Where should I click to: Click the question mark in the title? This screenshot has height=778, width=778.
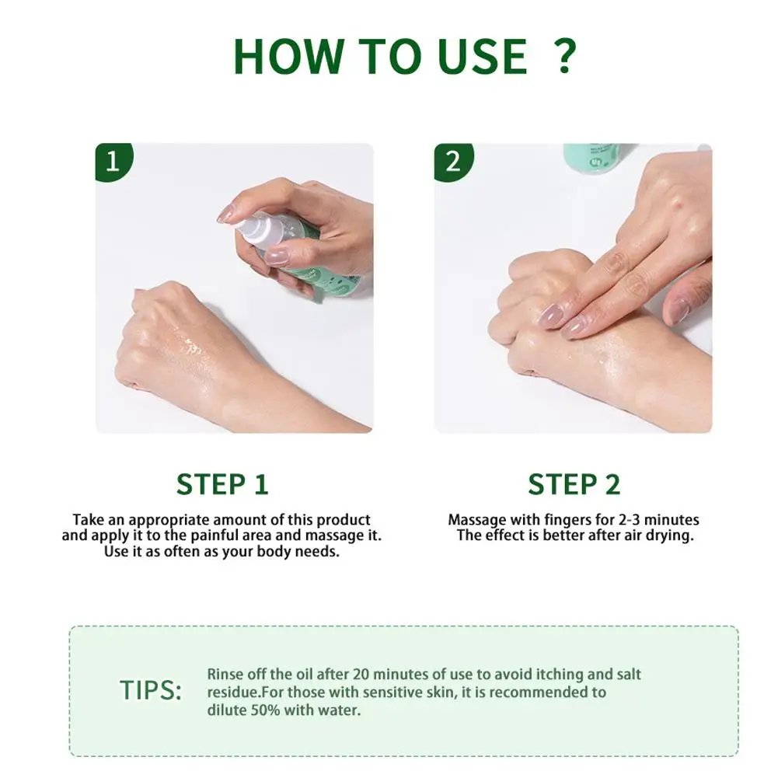coord(564,55)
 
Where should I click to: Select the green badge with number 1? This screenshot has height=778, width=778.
coord(113,162)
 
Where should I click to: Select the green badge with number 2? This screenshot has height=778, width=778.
coord(453,162)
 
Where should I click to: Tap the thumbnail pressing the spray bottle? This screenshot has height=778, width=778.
coord(276,256)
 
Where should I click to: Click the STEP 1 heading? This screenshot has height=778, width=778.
coord(222,484)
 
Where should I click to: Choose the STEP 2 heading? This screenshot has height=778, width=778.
coord(574,484)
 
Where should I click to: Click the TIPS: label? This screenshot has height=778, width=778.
coord(151,690)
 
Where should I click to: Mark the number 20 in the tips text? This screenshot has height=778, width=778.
coord(361,675)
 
